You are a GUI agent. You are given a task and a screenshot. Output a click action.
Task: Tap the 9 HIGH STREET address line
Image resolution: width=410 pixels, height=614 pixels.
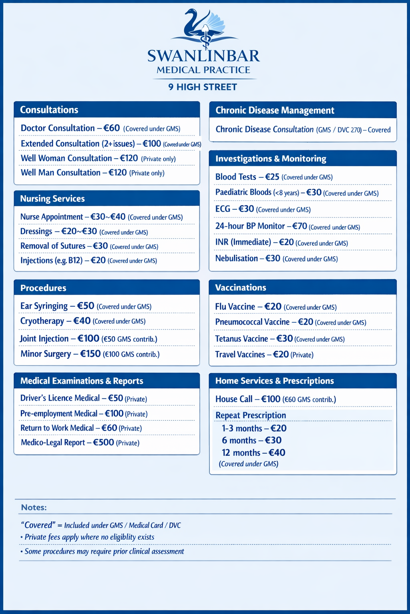(x=203, y=87)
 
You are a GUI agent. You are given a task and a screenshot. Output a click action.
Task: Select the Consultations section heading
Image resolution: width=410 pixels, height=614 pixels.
(x=49, y=110)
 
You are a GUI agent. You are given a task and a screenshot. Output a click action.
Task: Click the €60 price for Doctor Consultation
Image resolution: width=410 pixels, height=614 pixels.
(x=112, y=128)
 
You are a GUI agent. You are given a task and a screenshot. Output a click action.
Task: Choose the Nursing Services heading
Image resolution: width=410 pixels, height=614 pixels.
(x=52, y=199)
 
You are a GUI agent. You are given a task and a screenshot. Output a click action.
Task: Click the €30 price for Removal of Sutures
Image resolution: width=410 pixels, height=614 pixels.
(x=100, y=246)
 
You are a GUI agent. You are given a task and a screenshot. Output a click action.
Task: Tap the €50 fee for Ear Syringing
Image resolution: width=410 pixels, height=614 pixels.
(x=86, y=306)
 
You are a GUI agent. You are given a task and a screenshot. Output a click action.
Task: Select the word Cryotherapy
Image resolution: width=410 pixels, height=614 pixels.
(x=42, y=321)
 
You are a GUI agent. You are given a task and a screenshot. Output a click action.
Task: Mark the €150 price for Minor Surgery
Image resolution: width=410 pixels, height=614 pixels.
(x=90, y=354)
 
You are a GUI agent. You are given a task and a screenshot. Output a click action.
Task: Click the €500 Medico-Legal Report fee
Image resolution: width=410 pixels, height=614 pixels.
(x=104, y=443)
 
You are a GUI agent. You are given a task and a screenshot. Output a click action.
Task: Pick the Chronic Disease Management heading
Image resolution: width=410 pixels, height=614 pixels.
(x=275, y=110)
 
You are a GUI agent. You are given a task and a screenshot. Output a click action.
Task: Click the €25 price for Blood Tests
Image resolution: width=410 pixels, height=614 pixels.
(x=272, y=177)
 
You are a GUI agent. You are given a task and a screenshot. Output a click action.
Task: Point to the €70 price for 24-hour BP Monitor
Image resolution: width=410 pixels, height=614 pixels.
(x=299, y=226)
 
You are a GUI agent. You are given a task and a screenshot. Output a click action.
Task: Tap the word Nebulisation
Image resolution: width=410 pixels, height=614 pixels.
(x=236, y=258)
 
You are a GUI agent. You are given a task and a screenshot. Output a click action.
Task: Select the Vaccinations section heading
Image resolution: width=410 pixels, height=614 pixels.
(x=241, y=287)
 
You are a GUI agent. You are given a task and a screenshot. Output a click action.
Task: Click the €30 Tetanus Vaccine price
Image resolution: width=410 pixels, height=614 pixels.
(x=285, y=339)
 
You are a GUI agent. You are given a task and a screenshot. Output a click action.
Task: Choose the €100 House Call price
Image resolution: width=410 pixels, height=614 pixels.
(x=271, y=399)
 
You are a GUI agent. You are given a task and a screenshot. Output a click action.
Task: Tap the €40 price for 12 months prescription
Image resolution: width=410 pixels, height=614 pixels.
(x=277, y=453)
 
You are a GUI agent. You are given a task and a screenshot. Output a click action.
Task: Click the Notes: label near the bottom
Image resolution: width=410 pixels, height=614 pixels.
(x=34, y=507)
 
